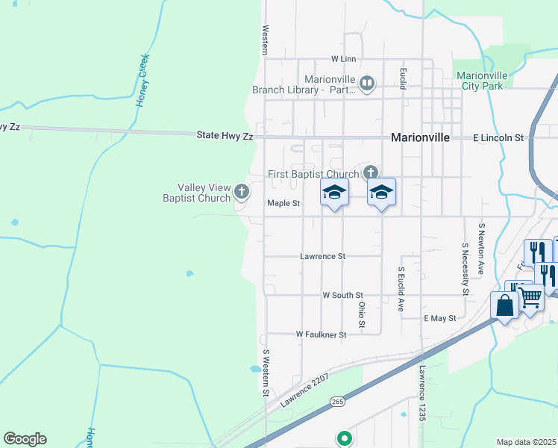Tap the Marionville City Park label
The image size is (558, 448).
pos(482,81)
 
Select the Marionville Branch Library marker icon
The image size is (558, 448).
pos(367,84)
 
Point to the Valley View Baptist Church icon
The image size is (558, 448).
pos(241,192)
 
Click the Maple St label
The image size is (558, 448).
pos(283,203)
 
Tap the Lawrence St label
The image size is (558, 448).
pos(323,256)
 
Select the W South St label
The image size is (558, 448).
pos(342,296)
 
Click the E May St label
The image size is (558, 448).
pos(439,318)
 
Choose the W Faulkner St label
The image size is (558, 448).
pos(322,335)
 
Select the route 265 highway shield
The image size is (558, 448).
pos(338,401)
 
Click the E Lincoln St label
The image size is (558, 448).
pos(499,138)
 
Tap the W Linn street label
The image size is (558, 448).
pos(344,59)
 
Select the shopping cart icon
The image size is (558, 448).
pos(530,297)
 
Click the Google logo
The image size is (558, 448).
pos(25,439)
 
